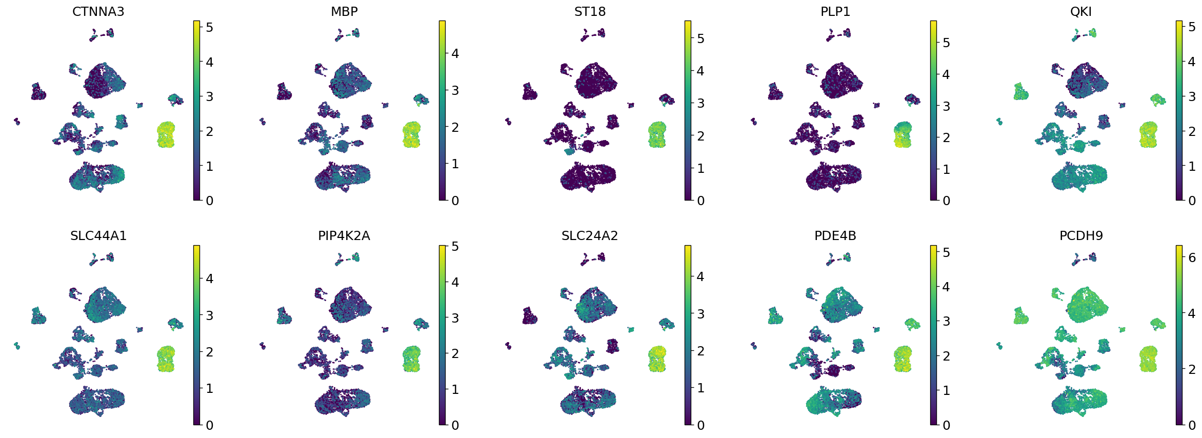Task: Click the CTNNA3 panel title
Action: pyautogui.click(x=98, y=11)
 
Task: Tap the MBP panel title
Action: pyautogui.click(x=344, y=11)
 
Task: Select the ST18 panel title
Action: pyautogui.click(x=590, y=11)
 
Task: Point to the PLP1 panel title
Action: pyautogui.click(x=835, y=11)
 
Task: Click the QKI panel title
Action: pyautogui.click(x=1081, y=11)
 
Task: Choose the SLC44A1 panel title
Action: pyautogui.click(x=98, y=235)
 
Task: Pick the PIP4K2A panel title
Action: pyautogui.click(x=344, y=235)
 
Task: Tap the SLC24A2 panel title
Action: pyautogui.click(x=590, y=235)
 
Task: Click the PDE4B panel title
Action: pyautogui.click(x=835, y=235)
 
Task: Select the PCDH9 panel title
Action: pyautogui.click(x=1081, y=235)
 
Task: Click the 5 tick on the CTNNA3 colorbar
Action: pyautogui.click(x=209, y=27)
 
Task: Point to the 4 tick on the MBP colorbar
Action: pyautogui.click(x=454, y=53)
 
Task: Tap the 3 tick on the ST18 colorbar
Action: pyautogui.click(x=700, y=103)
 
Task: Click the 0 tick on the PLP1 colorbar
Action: pyautogui.click(x=946, y=201)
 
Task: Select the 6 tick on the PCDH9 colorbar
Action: pyautogui.click(x=1192, y=257)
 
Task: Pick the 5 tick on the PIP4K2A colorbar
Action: pyautogui.click(x=454, y=246)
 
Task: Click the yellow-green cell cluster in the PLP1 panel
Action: pyautogui.click(x=903, y=135)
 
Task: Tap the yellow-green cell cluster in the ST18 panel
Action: pyautogui.click(x=657, y=135)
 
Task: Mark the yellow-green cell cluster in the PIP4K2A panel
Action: pyautogui.click(x=411, y=359)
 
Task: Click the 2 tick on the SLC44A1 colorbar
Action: pyautogui.click(x=209, y=352)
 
